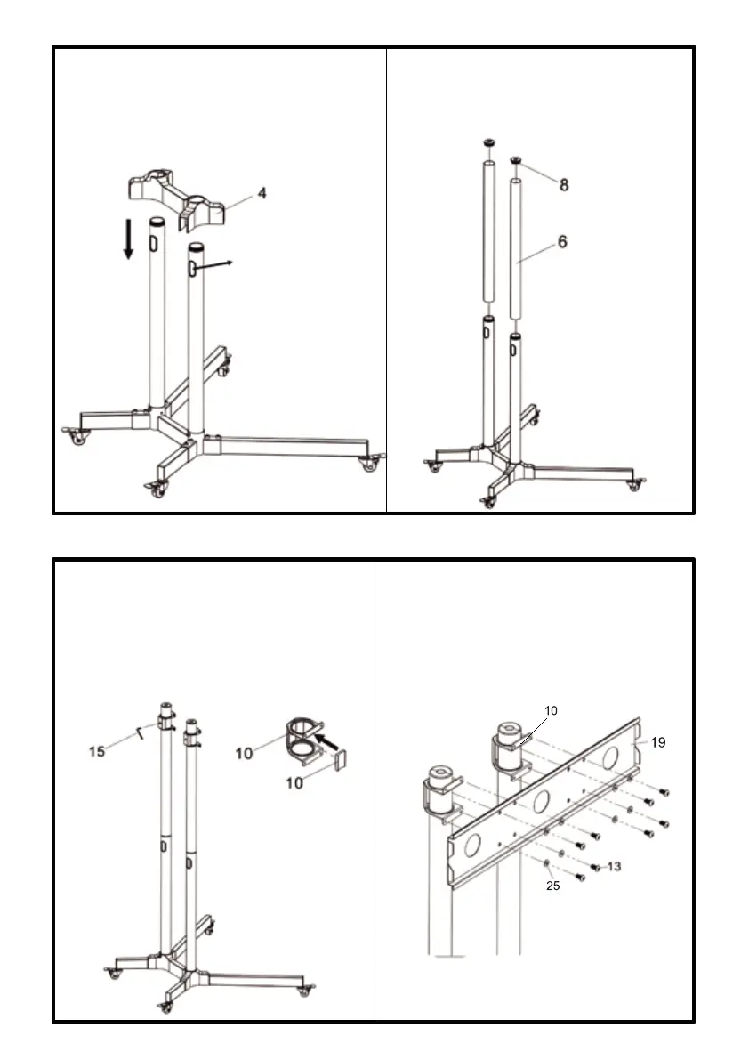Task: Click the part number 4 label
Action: click(x=262, y=193)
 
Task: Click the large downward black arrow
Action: click(x=129, y=239)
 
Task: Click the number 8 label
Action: click(x=564, y=185)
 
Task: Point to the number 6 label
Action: click(x=562, y=241)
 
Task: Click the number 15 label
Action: click(x=97, y=751)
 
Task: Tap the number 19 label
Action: click(x=658, y=742)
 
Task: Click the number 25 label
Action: click(x=552, y=886)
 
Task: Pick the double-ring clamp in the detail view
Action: click(x=302, y=740)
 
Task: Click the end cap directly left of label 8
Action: click(x=515, y=160)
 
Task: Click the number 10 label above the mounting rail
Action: click(x=552, y=710)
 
